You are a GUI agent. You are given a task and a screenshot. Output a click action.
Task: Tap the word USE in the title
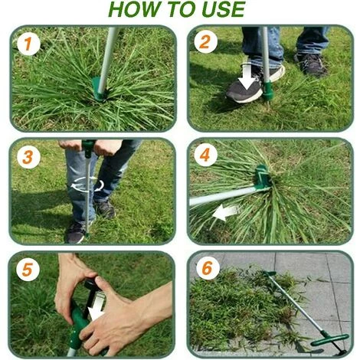[224, 9]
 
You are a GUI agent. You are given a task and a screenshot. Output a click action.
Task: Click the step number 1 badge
[28, 44]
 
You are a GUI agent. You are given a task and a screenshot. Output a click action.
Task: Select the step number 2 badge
[205, 42]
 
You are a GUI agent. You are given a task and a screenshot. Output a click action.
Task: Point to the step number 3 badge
[28, 157]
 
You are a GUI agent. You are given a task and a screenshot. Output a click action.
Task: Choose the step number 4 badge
[205, 155]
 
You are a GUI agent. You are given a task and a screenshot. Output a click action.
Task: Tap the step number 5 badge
[28, 270]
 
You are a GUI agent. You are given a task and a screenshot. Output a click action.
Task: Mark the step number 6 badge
[208, 268]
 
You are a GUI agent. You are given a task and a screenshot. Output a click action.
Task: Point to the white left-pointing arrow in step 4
[226, 213]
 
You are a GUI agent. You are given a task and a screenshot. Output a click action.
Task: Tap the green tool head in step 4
[262, 177]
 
